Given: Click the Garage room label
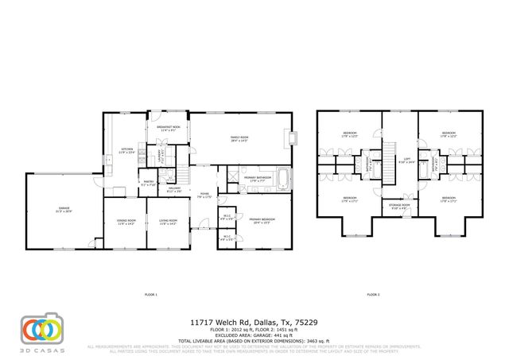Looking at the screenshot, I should click(x=59, y=211).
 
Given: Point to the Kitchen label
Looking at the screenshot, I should click(x=126, y=150).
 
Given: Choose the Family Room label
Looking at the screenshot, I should click(x=239, y=140).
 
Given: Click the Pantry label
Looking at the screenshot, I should click(x=148, y=183).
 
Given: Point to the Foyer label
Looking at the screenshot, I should click(x=204, y=195).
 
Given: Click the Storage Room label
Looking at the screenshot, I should click(x=399, y=206).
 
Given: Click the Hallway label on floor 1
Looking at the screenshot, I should click(x=174, y=191).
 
